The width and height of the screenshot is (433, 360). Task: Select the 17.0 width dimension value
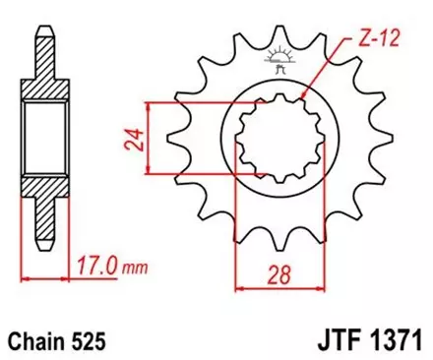click(x=93, y=264)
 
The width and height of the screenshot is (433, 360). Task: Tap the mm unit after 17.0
click(x=128, y=265)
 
